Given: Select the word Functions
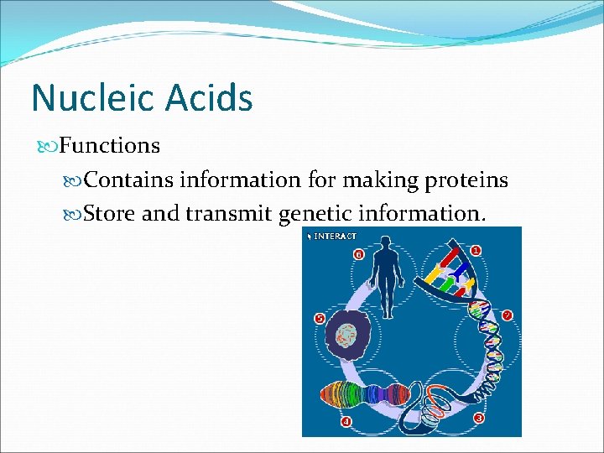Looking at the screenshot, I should coord(110,146).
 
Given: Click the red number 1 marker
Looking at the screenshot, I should coord(476,250).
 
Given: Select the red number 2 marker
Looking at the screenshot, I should coord(507,315).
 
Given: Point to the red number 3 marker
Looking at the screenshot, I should coord(478,418).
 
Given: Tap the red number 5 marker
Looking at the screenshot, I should coord(319,319).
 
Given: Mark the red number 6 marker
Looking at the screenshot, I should coord(358,253).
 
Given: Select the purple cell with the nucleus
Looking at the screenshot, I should coord(346,337).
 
